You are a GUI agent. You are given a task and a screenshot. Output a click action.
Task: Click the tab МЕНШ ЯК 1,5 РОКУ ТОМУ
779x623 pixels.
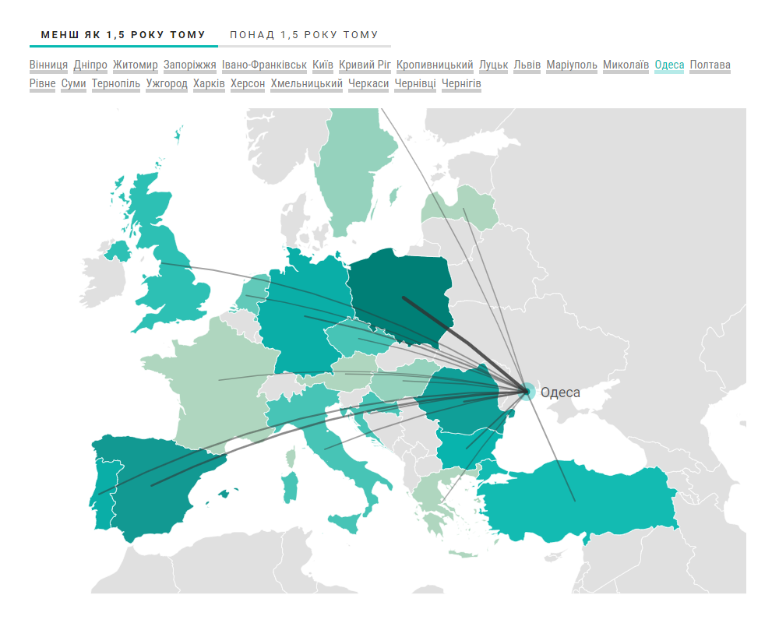tap(123, 35)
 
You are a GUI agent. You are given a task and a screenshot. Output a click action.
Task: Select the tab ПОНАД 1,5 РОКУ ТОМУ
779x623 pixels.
tap(304, 35)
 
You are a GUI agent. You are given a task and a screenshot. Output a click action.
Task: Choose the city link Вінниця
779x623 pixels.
tap(48, 65)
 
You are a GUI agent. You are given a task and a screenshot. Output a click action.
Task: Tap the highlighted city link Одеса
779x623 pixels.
tap(669, 65)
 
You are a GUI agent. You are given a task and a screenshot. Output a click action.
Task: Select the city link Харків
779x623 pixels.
tap(209, 83)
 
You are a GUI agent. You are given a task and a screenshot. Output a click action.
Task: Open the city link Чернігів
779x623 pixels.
tap(461, 83)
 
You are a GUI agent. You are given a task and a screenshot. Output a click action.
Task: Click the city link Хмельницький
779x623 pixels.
tap(307, 83)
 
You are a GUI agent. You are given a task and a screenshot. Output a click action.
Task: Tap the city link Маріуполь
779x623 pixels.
tap(572, 65)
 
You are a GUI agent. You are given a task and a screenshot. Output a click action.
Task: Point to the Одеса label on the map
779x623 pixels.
tap(560, 392)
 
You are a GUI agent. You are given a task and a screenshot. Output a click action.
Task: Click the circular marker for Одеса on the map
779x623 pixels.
tap(527, 391)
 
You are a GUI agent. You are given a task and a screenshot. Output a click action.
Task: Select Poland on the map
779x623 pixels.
tap(401, 292)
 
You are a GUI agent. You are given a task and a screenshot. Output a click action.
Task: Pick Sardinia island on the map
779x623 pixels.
tap(290, 487)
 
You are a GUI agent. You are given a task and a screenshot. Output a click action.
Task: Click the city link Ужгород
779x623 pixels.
tap(167, 83)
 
